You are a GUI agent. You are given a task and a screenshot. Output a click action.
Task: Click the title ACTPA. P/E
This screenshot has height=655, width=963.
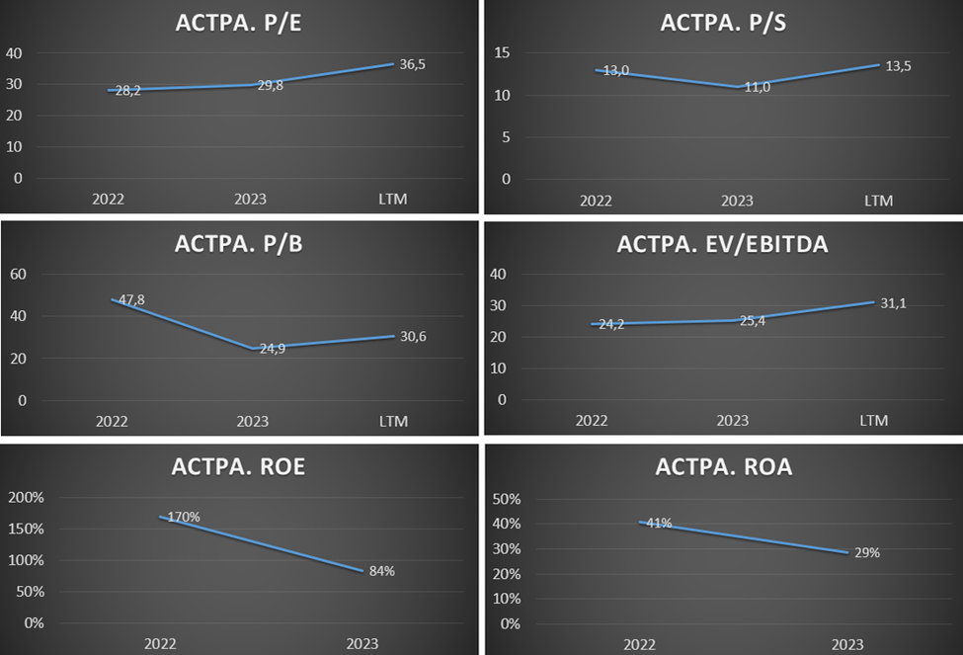pos(240,24)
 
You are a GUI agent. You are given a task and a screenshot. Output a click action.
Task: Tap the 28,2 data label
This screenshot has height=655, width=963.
pos(128,91)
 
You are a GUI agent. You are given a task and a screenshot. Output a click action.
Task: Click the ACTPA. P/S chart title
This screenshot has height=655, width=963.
pos(723,24)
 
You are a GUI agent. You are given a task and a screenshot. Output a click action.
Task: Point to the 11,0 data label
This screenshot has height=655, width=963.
pos(757,87)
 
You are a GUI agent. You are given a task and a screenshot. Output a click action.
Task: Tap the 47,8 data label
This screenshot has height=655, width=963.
pos(132,299)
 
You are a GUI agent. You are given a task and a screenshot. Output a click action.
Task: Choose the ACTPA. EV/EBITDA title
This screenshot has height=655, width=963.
pos(723,245)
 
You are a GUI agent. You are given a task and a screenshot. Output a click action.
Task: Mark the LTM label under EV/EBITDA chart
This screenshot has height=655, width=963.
pos(874,421)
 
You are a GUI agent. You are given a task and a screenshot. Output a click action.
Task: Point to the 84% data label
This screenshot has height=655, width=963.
pos(381,570)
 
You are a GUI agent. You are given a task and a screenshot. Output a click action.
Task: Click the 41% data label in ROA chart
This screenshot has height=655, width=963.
pos(658,524)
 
